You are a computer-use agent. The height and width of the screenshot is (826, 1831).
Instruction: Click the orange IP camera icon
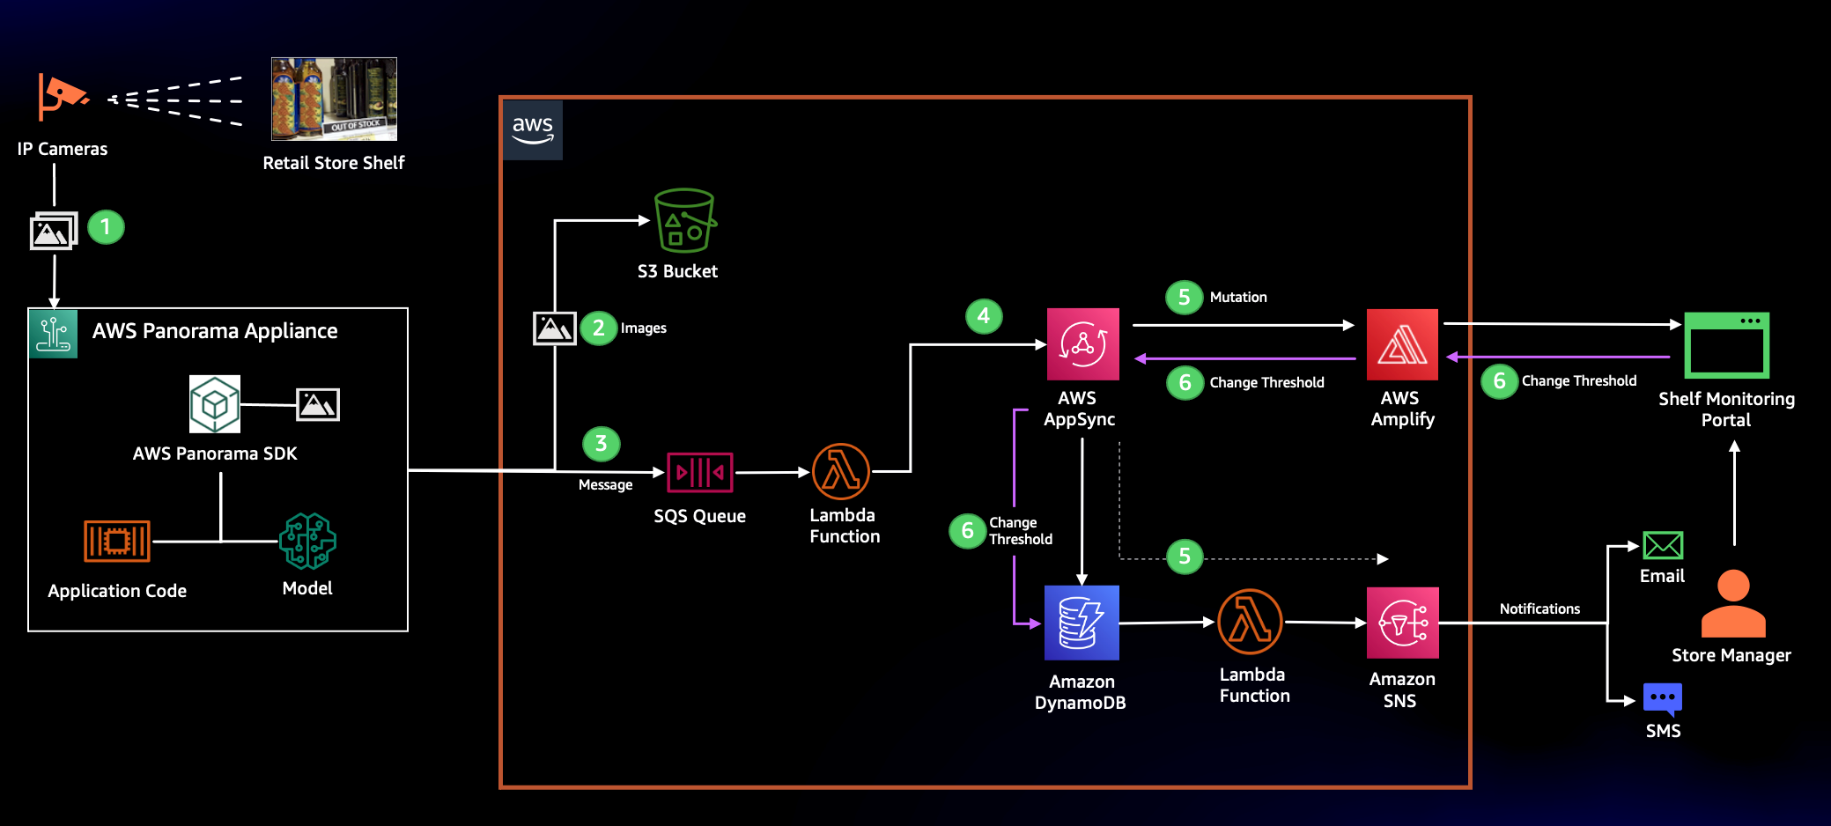tap(62, 96)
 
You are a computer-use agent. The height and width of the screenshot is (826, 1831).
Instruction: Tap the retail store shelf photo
tap(334, 99)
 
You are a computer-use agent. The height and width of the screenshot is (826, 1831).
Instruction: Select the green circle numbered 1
tap(106, 227)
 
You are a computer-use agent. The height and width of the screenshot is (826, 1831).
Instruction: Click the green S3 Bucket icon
tap(685, 220)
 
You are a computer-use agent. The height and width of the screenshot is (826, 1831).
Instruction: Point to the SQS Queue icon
tap(700, 472)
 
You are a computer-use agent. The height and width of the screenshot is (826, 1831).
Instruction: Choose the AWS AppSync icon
tap(1082, 343)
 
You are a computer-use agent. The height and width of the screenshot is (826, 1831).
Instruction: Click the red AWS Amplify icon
tap(1402, 344)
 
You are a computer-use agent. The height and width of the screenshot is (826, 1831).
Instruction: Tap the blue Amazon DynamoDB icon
tap(1082, 623)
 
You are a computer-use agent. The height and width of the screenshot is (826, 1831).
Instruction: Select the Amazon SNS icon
tap(1402, 623)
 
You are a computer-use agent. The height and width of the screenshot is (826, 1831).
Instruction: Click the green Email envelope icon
tap(1663, 545)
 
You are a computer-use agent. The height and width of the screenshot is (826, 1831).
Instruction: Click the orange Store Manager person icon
tap(1733, 603)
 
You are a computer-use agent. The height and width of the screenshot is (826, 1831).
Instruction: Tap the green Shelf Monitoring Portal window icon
tap(1726, 345)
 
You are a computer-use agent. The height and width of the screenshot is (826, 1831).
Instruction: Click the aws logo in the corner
tap(533, 130)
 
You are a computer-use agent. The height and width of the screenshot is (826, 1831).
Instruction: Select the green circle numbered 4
tap(984, 316)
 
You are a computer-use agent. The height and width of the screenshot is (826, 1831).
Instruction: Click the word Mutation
tap(1238, 298)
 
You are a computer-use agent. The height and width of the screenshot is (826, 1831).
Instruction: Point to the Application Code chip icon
tap(117, 541)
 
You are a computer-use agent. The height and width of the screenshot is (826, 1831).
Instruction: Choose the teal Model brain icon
tap(307, 541)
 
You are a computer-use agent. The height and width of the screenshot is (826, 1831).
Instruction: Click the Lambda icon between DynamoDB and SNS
tap(1250, 622)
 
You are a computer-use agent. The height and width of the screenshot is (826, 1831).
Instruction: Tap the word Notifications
tap(1539, 608)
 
